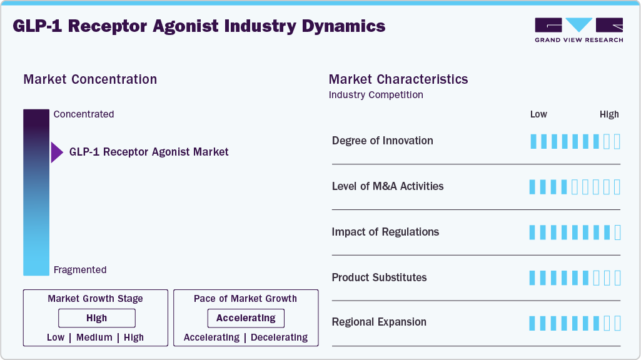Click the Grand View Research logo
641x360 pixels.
point(578,30)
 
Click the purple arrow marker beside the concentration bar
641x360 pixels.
point(56,152)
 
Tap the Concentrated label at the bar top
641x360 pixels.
point(84,114)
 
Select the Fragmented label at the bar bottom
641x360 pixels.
point(80,270)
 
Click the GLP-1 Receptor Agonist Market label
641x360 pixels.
point(149,152)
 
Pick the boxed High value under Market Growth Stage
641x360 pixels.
point(97,318)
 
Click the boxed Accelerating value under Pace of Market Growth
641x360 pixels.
point(246,318)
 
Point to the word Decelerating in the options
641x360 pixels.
point(280,337)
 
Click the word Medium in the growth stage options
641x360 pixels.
point(94,337)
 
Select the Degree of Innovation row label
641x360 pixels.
point(382,141)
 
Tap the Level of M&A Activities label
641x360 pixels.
point(388,186)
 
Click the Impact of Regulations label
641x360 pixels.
point(385,232)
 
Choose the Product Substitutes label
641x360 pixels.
point(379,277)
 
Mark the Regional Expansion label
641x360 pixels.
point(379,322)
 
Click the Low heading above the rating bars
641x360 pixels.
point(538,114)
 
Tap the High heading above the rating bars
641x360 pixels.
point(609,114)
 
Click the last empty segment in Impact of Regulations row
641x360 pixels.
point(618,232)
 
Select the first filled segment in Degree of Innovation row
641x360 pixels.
point(533,141)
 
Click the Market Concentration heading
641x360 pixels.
point(90,79)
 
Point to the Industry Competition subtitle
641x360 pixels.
point(376,95)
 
